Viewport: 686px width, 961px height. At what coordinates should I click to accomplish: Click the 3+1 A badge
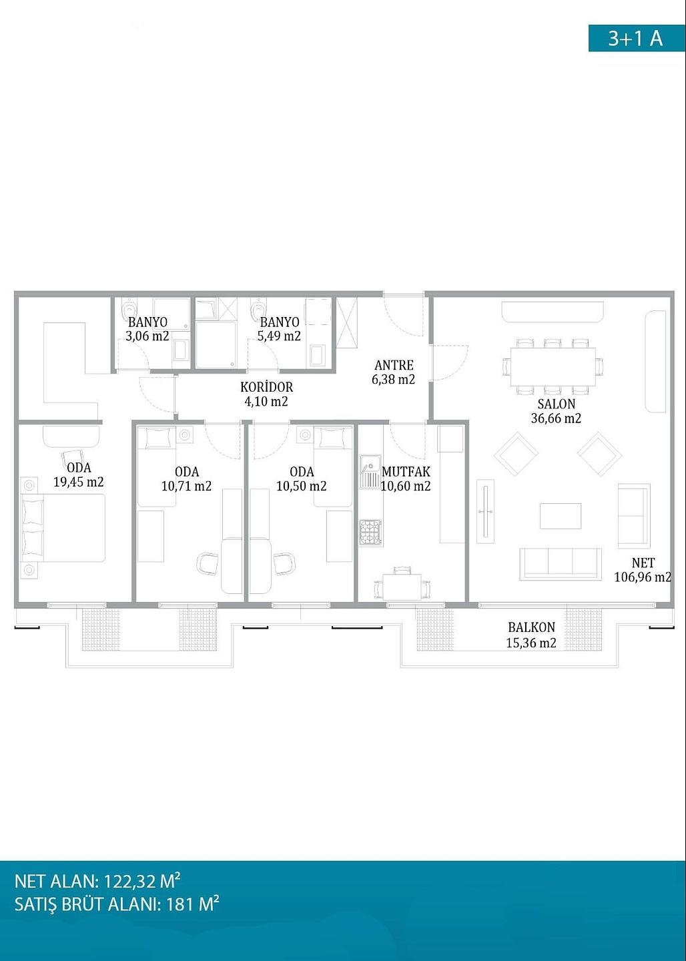pyautogui.click(x=637, y=39)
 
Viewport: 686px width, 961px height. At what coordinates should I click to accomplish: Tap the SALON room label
pyautogui.click(x=557, y=404)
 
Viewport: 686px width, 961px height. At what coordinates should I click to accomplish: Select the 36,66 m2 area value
pyautogui.click(x=556, y=418)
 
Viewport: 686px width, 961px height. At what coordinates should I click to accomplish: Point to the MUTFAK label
pyautogui.click(x=406, y=471)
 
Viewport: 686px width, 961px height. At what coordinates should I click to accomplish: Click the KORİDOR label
pyautogui.click(x=266, y=387)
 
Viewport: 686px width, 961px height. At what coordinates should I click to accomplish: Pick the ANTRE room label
pyautogui.click(x=394, y=366)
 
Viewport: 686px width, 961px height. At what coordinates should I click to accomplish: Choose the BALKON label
pyautogui.click(x=531, y=627)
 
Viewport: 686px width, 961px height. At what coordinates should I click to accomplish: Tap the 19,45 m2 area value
pyautogui.click(x=79, y=482)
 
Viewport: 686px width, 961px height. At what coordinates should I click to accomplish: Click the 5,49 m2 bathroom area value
pyautogui.click(x=280, y=336)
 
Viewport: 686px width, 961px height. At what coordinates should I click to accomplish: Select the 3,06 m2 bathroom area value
pyautogui.click(x=147, y=336)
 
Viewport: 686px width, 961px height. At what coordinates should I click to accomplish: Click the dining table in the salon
pyautogui.click(x=553, y=367)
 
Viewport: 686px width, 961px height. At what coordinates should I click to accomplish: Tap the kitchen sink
pyautogui.click(x=370, y=472)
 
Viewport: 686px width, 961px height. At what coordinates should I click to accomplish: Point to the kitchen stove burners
pyautogui.click(x=370, y=533)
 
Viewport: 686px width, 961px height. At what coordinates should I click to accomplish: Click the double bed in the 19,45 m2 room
pyautogui.click(x=63, y=528)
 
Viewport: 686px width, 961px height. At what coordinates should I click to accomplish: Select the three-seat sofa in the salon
pyautogui.click(x=561, y=564)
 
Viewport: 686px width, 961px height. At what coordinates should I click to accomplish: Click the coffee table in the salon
pyautogui.click(x=561, y=516)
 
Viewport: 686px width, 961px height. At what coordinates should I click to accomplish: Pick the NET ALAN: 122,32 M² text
pyautogui.click(x=97, y=881)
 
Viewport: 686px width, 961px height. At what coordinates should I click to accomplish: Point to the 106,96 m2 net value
pyautogui.click(x=642, y=577)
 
